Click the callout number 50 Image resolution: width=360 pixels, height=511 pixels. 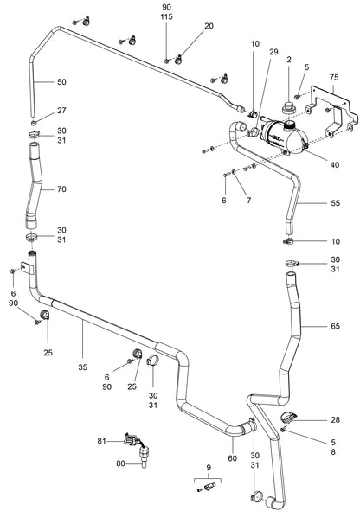tap(62, 82)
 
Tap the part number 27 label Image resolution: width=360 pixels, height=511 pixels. tap(62, 111)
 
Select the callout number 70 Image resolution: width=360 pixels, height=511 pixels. tap(62, 188)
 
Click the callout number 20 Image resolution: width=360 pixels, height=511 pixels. tap(209, 27)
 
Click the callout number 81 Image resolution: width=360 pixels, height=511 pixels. tap(100, 442)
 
